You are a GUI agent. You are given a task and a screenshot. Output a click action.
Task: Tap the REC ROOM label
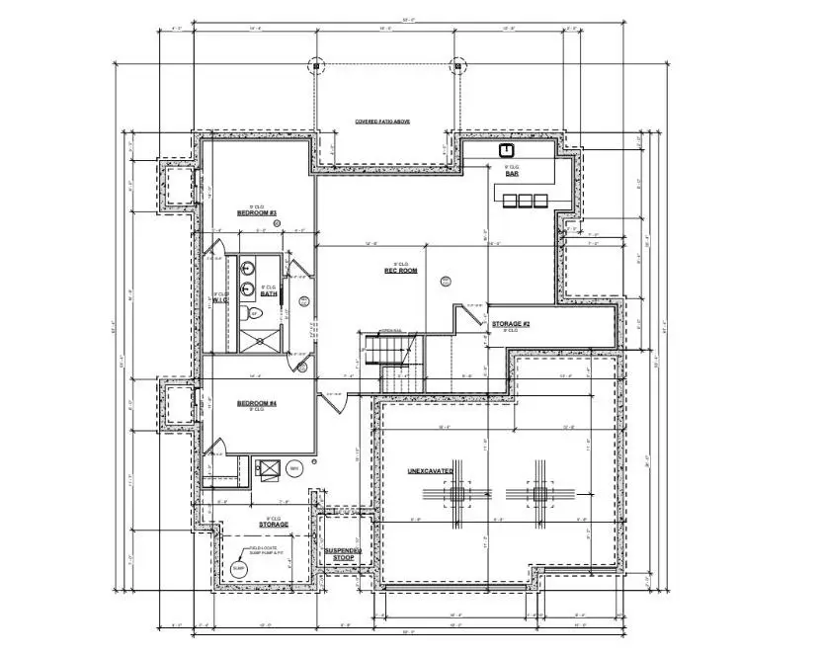click(x=401, y=270)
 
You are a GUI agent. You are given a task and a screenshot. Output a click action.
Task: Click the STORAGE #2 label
click(x=512, y=324)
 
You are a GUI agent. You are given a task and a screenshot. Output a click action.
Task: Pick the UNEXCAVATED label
click(x=431, y=471)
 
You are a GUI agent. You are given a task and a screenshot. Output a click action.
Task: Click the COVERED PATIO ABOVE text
click(x=382, y=122)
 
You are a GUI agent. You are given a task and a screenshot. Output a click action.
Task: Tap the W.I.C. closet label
click(x=220, y=300)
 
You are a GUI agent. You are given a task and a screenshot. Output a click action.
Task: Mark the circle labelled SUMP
click(x=238, y=569)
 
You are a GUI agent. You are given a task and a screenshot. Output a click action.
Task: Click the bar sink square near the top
click(x=507, y=151)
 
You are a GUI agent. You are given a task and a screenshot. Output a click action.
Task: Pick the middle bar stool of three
click(x=525, y=202)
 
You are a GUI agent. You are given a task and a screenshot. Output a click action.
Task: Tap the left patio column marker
click(x=315, y=66)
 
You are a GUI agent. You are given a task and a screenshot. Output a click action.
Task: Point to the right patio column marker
click(x=457, y=66)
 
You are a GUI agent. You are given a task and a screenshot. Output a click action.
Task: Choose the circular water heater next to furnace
click(x=294, y=468)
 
